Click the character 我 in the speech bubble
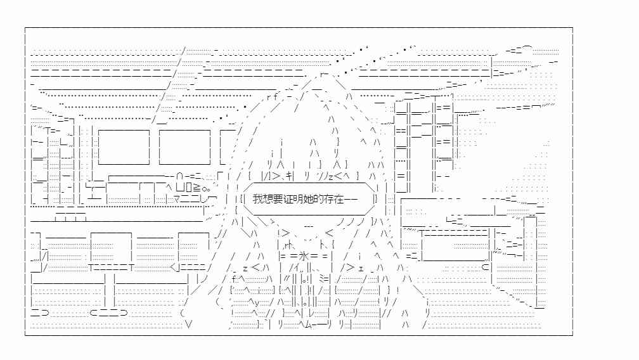tap(257, 199)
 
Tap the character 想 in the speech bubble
tap(266, 199)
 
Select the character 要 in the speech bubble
tap(275, 199)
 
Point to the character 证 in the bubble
tap(285, 199)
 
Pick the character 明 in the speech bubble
tap(294, 199)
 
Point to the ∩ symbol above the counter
tap(180, 177)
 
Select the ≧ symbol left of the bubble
tap(197, 188)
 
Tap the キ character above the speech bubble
tap(290, 176)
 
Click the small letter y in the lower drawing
tap(257, 302)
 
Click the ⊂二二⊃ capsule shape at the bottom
tap(109, 312)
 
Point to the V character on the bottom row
tap(188, 324)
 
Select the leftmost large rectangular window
tap(124, 147)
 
